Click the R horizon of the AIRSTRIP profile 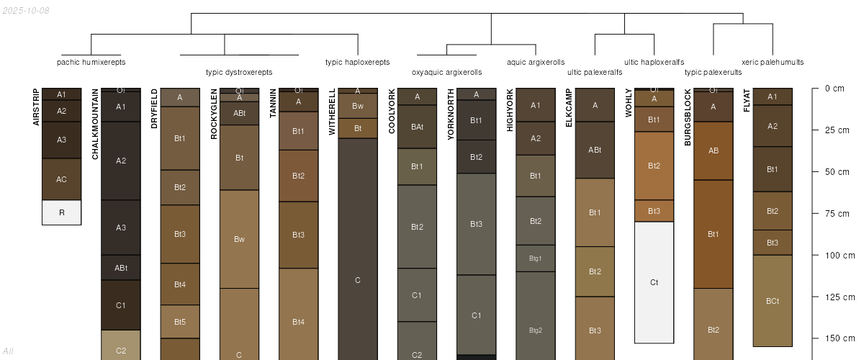pyautogui.click(x=61, y=212)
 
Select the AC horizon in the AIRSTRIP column pyautogui.click(x=61, y=179)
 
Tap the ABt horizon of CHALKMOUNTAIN pyautogui.click(x=121, y=268)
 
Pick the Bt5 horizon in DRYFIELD pyautogui.click(x=180, y=322)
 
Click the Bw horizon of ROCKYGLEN pyautogui.click(x=239, y=239)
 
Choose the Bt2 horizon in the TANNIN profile pyautogui.click(x=298, y=176)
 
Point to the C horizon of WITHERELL pyautogui.click(x=357, y=279)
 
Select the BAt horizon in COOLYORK pyautogui.click(x=417, y=127)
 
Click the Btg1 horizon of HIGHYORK pyautogui.click(x=535, y=258)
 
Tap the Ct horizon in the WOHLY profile pyautogui.click(x=654, y=282)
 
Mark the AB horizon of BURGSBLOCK pyautogui.click(x=713, y=151)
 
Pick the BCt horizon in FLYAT pyautogui.click(x=772, y=301)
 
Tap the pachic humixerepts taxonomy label pyautogui.click(x=91, y=62)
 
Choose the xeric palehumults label pyautogui.click(x=773, y=62)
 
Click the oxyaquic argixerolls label pyautogui.click(x=446, y=72)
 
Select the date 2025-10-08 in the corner pyautogui.click(x=26, y=10)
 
